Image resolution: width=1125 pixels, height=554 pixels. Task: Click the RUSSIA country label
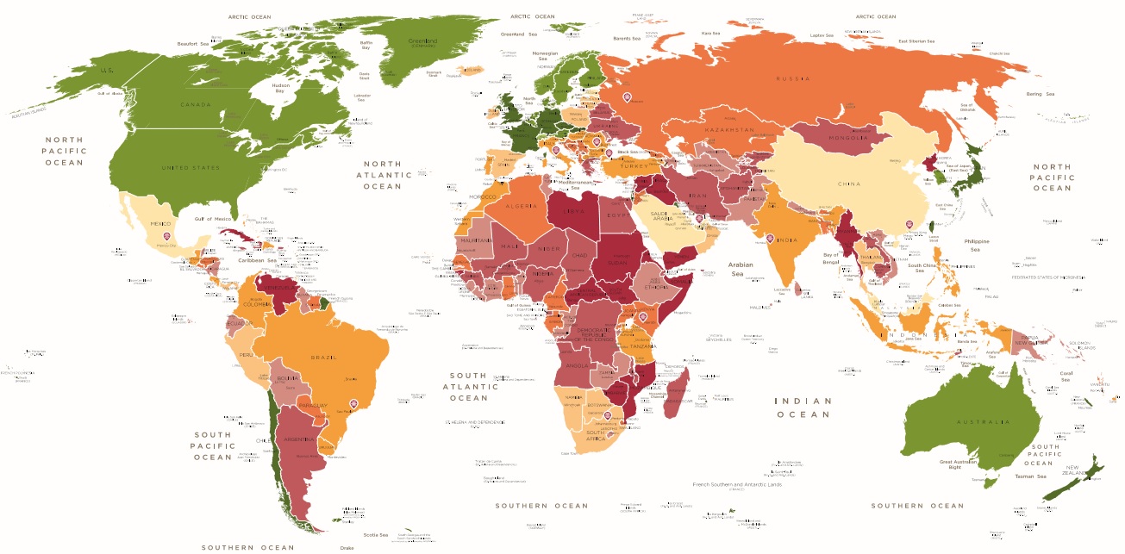coord(792,78)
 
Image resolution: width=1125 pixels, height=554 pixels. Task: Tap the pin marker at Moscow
coord(627,96)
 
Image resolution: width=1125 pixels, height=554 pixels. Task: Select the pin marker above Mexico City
coord(166,235)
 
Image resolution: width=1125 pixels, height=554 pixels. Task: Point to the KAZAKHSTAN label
coord(729,129)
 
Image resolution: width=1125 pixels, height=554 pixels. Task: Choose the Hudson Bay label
coord(280,88)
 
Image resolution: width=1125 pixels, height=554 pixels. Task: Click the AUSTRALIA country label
coord(982,421)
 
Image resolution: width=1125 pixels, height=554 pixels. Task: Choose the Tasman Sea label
coord(1029,476)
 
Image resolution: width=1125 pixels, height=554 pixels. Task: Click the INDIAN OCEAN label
coord(803,407)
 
